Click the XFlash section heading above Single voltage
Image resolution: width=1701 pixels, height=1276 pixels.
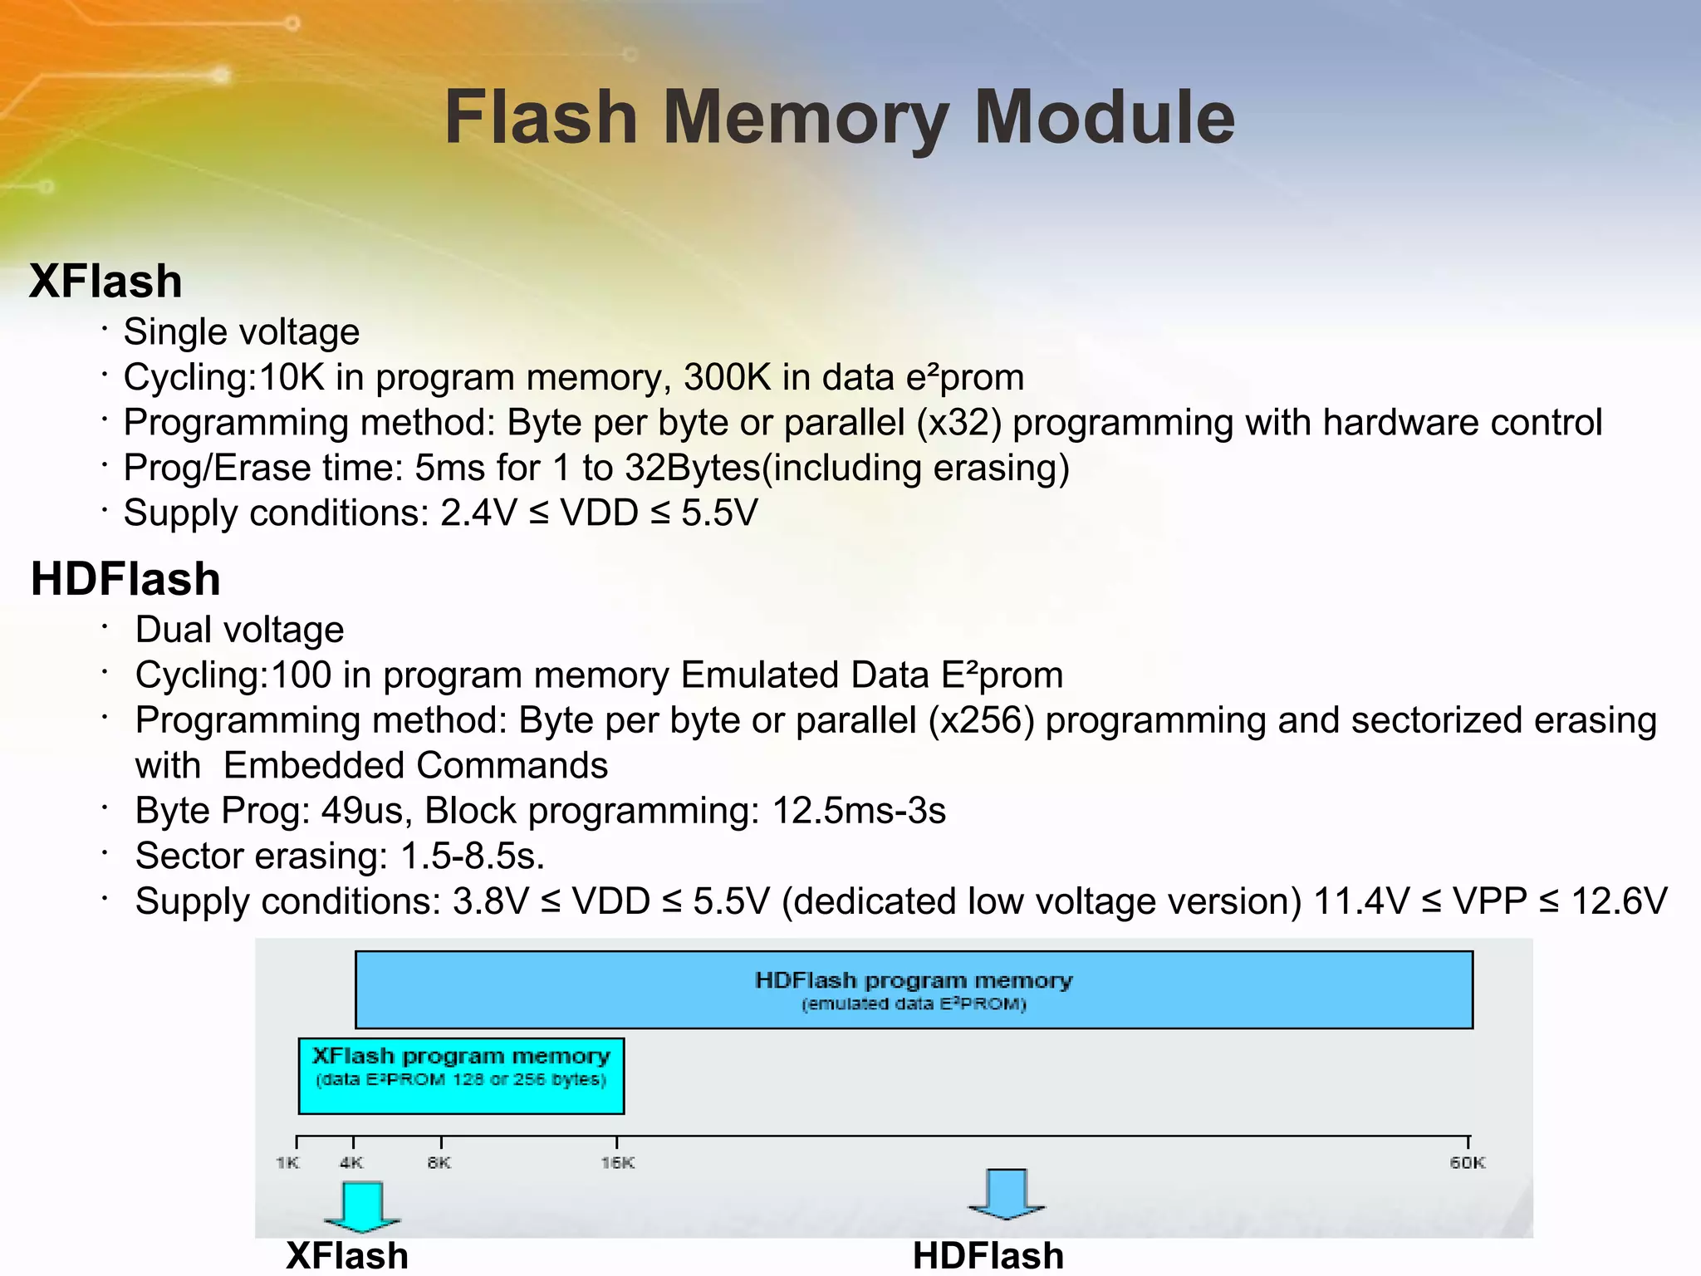[105, 281]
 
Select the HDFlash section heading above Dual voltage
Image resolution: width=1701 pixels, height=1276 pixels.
[125, 579]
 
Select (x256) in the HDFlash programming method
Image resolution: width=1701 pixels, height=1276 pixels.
[981, 720]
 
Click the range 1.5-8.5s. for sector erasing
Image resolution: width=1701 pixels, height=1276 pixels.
[472, 856]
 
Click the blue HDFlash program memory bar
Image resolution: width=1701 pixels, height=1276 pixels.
[914, 989]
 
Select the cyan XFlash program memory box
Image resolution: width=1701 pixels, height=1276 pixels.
[461, 1076]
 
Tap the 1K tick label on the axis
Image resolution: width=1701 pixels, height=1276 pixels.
[287, 1162]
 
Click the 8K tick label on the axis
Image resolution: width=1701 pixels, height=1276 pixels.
[439, 1162]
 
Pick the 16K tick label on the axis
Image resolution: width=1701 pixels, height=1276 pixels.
[617, 1162]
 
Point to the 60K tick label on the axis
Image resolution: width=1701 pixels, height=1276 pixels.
[1468, 1162]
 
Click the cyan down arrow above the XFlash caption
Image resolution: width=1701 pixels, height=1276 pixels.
[362, 1205]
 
